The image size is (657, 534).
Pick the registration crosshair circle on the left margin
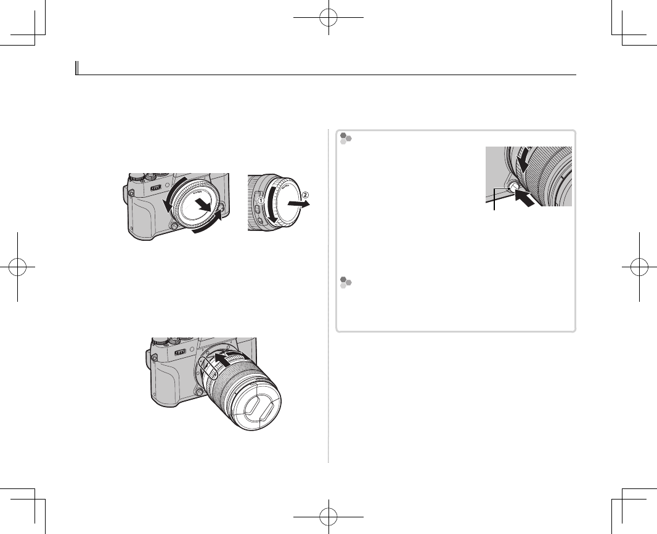tap(18, 267)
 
